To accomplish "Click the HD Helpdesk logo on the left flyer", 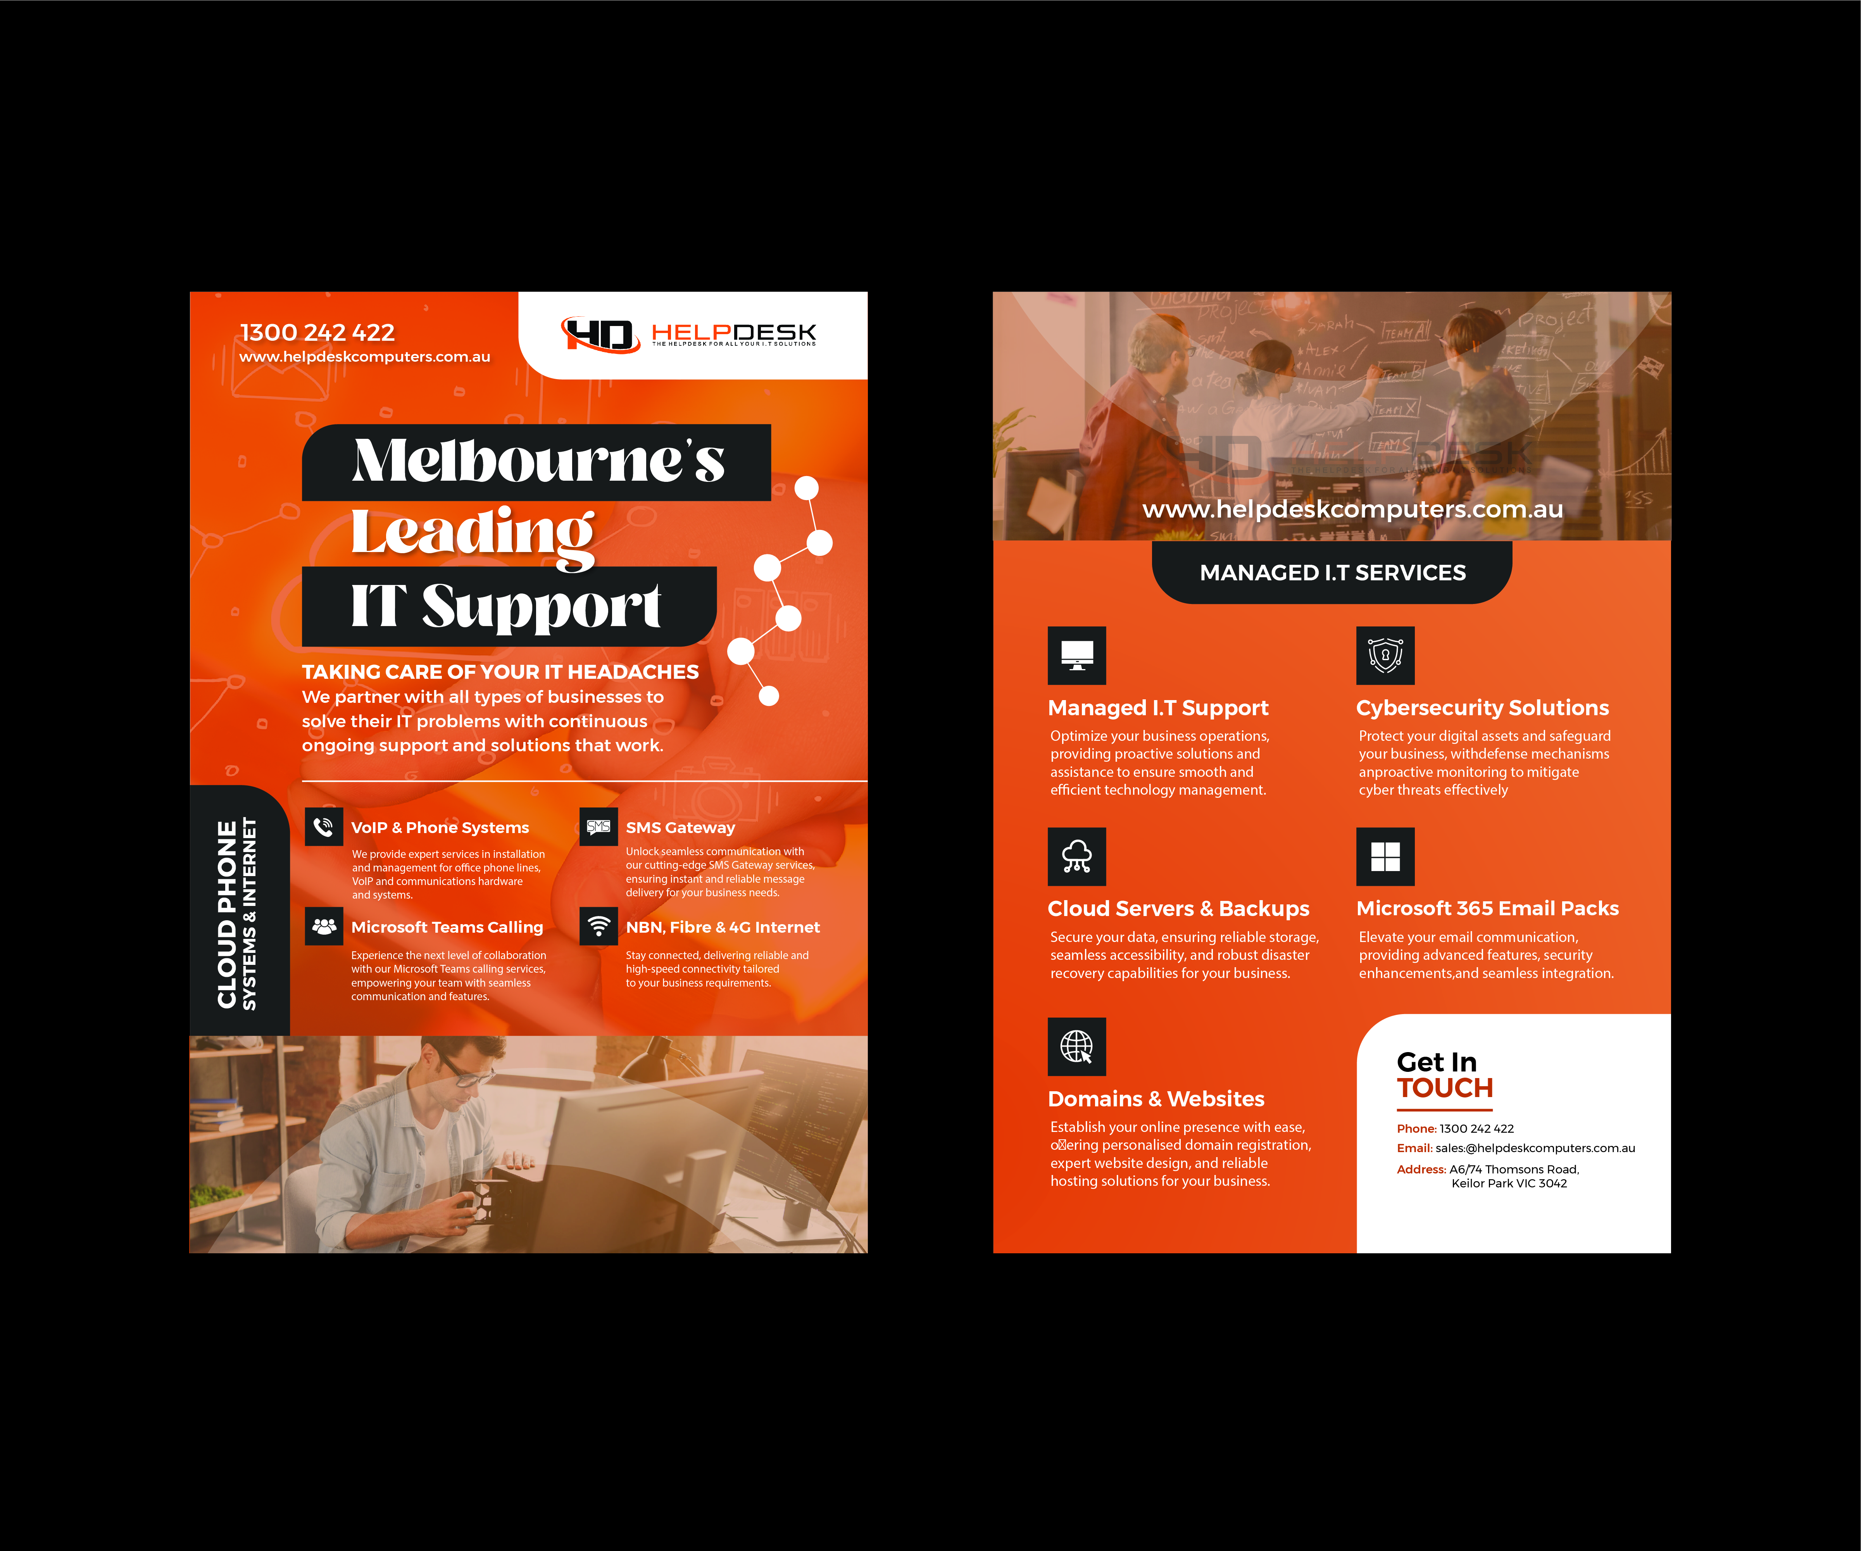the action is pos(688,334).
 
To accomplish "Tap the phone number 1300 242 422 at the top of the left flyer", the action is pos(317,332).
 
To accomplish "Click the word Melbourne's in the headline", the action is pos(538,461).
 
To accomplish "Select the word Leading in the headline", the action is pos(473,535).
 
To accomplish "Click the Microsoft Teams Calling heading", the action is pos(447,927).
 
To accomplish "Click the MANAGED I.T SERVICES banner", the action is pos(1332,573).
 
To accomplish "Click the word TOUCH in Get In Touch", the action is pos(1444,1089).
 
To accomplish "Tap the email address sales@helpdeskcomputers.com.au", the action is pos(1535,1148).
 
